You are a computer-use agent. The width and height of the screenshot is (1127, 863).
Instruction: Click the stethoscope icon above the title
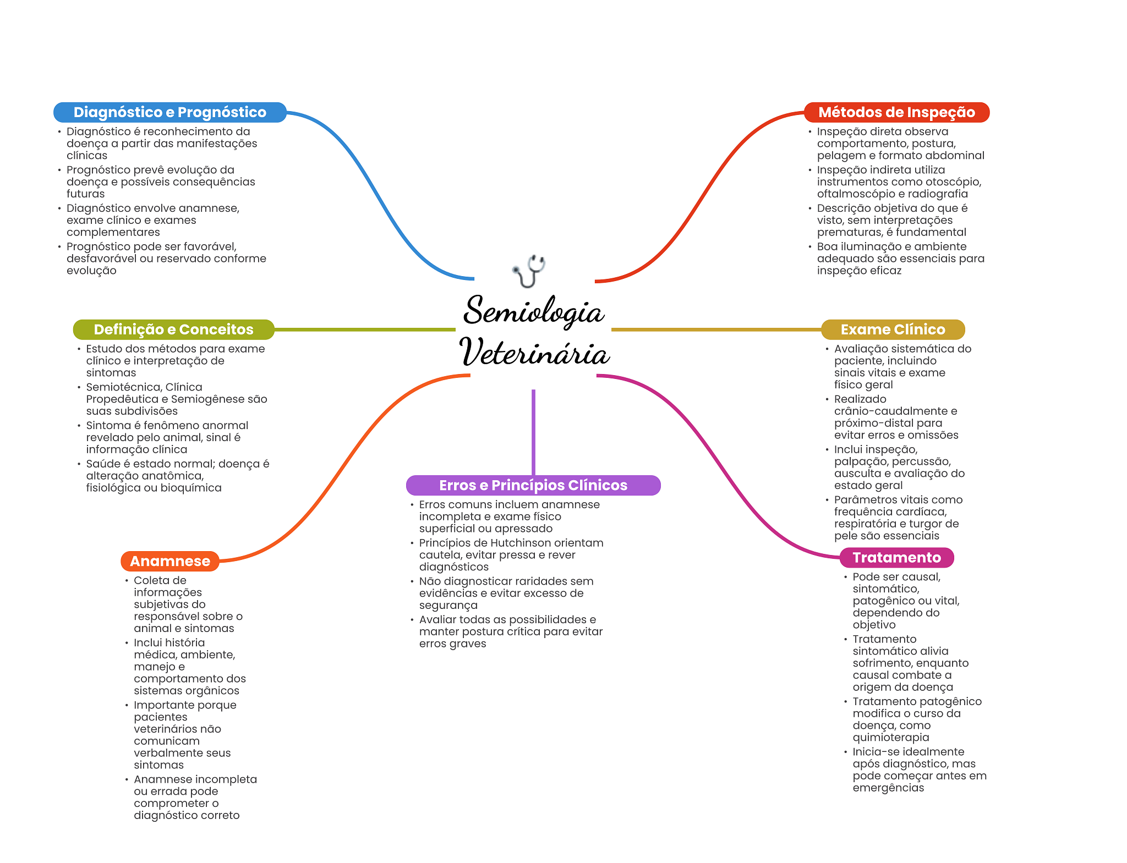(529, 271)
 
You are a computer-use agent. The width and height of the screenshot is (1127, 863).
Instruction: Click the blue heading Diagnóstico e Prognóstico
(169, 112)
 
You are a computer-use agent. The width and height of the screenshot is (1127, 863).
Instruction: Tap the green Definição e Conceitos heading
(173, 329)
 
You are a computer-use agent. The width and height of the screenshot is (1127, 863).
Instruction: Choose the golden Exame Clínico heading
(892, 329)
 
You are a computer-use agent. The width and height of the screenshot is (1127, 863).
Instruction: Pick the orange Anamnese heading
(169, 561)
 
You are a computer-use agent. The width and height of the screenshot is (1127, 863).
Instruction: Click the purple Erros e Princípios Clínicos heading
(533, 485)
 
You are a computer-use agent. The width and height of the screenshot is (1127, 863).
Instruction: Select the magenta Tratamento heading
(896, 558)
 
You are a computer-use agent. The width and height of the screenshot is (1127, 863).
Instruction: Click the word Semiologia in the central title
(533, 311)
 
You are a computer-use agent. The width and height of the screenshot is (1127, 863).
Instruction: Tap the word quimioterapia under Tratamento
(890, 738)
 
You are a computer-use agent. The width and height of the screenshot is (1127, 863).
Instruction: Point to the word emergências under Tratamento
(888, 788)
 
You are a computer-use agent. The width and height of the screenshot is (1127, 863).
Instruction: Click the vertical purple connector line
(533, 432)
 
